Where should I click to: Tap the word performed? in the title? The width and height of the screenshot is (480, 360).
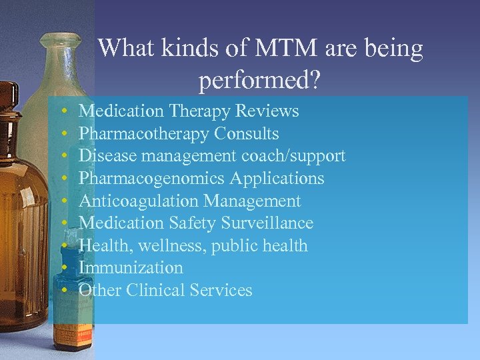pyautogui.click(x=260, y=80)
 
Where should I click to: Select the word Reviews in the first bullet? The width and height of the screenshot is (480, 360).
pyautogui.click(x=269, y=111)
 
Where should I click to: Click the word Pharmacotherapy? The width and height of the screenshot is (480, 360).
pyautogui.click(x=144, y=134)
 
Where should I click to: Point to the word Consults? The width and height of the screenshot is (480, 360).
pyautogui.click(x=247, y=133)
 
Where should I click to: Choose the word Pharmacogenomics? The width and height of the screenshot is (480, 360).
pyautogui.click(x=152, y=179)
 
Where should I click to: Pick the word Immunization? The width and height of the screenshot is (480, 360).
pyautogui.click(x=131, y=268)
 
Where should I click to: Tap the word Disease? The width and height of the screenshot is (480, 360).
pyautogui.click(x=101, y=156)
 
